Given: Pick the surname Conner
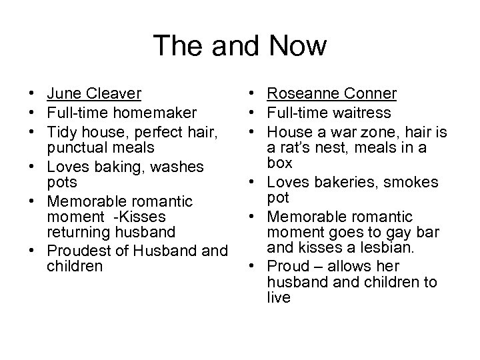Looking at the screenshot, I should point(373,93).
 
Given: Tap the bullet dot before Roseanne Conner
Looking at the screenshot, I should point(257,94).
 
